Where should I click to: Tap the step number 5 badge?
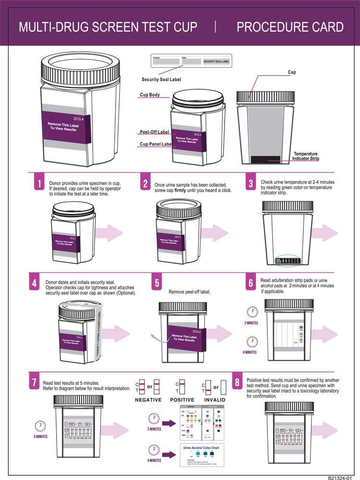pos(157,284)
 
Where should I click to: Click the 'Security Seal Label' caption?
pos(161,79)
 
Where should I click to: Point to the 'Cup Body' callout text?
pos(150,95)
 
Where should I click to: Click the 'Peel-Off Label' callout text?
pos(154,132)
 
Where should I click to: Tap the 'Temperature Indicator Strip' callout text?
pos(306,156)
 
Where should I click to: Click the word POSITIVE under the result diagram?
pos(182,400)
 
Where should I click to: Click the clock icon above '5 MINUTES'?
pos(40,426)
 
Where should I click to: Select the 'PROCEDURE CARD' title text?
pos(290,27)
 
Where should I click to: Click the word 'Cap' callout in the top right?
pos(291,72)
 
